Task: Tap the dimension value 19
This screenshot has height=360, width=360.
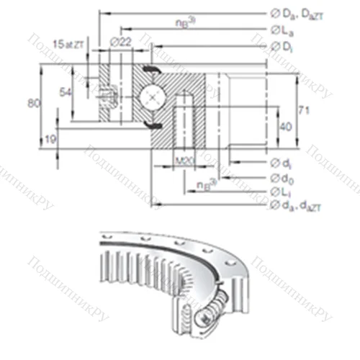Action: click(x=50, y=138)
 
